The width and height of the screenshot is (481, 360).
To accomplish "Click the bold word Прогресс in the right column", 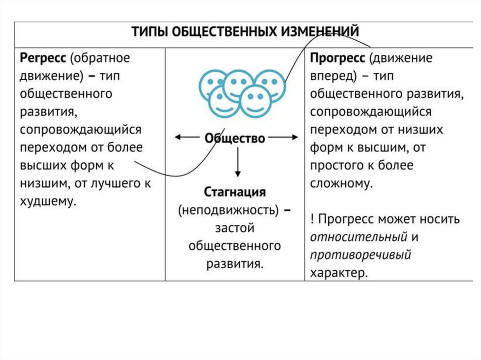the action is pyautogui.click(x=337, y=59).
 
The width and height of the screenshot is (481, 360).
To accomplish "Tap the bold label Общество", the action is pyautogui.click(x=235, y=138).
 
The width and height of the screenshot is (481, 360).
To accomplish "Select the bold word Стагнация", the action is pyautogui.click(x=235, y=192).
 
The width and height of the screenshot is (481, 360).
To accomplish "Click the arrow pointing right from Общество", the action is pyautogui.click(x=284, y=138).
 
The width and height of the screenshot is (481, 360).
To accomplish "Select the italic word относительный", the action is pyautogui.click(x=358, y=237).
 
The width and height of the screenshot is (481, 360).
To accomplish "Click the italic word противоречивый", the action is pyautogui.click(x=360, y=255).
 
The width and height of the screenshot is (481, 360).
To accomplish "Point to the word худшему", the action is pyautogui.click(x=47, y=201).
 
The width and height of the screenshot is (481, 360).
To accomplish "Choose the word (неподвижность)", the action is pyautogui.click(x=229, y=210).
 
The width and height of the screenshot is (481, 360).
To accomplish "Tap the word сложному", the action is pyautogui.click(x=340, y=184).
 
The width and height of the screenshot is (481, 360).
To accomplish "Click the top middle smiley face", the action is pyautogui.click(x=238, y=84).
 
